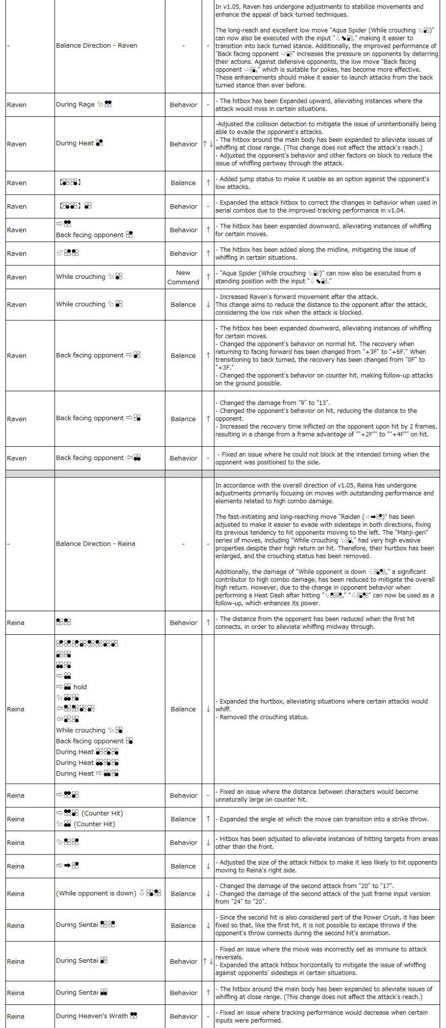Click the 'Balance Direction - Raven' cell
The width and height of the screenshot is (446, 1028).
pyautogui.click(x=96, y=45)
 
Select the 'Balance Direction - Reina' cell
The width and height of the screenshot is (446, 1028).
pyautogui.click(x=95, y=544)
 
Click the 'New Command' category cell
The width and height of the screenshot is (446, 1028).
pyautogui.click(x=183, y=277)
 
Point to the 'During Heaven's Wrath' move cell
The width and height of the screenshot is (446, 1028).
pyautogui.click(x=97, y=1016)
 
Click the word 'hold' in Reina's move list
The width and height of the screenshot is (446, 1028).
pyautogui.click(x=80, y=687)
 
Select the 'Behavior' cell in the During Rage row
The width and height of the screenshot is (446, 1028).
pyautogui.click(x=183, y=105)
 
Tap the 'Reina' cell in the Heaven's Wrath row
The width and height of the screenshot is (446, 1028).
pyautogui.click(x=16, y=1016)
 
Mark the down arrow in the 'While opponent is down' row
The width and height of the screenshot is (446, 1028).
pyautogui.click(x=207, y=894)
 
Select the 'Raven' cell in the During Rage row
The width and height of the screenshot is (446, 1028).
pyautogui.click(x=17, y=105)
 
